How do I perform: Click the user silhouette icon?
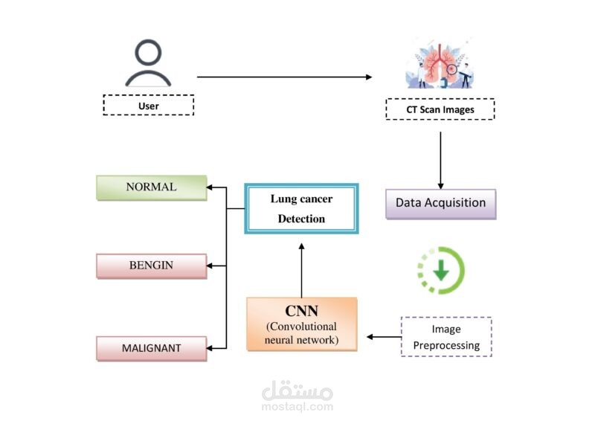(x=149, y=65)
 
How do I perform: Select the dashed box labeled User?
(x=148, y=105)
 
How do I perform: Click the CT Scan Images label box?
(x=440, y=110)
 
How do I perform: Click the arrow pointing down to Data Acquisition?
(x=441, y=161)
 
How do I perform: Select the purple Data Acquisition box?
(x=440, y=203)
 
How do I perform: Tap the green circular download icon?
(x=440, y=270)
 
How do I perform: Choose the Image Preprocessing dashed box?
(x=446, y=337)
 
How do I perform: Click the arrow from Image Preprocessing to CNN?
(x=383, y=337)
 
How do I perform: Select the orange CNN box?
(x=301, y=324)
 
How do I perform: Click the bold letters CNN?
(x=301, y=310)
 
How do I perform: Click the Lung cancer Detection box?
(x=301, y=209)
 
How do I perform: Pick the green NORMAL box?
(x=151, y=187)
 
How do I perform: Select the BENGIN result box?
(x=151, y=266)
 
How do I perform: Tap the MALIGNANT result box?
(x=151, y=348)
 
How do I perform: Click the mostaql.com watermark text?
(x=297, y=407)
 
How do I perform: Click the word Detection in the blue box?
(x=301, y=219)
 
